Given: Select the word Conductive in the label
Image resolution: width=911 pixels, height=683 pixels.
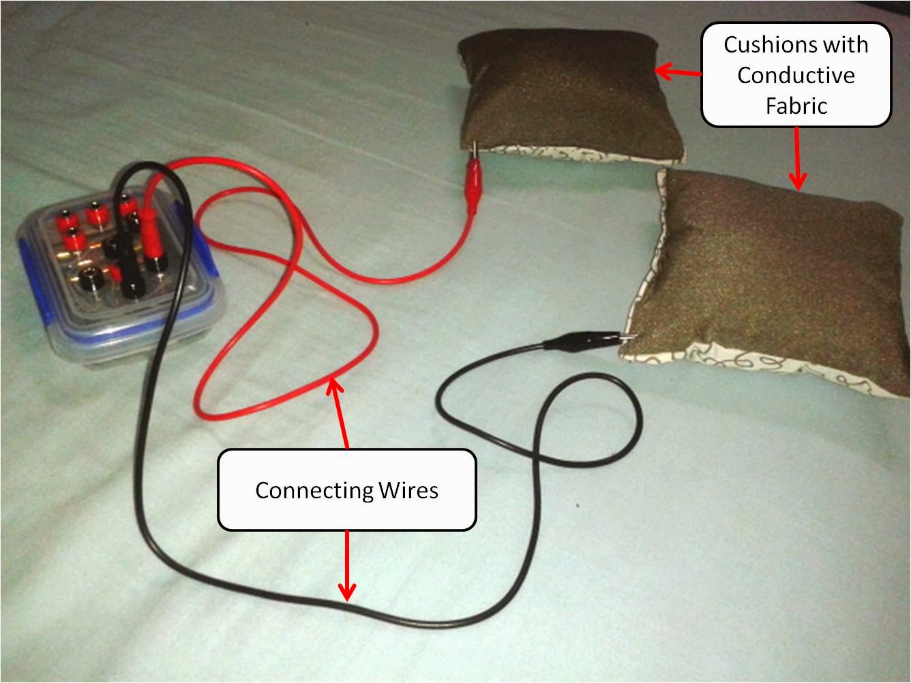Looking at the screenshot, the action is click(796, 76).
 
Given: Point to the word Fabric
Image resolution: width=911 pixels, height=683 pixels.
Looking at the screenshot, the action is click(796, 106).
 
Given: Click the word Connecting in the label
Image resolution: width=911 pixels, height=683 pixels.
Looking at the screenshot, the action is click(314, 491).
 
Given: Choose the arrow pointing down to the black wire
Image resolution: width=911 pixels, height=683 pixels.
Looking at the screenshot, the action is click(347, 566).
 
